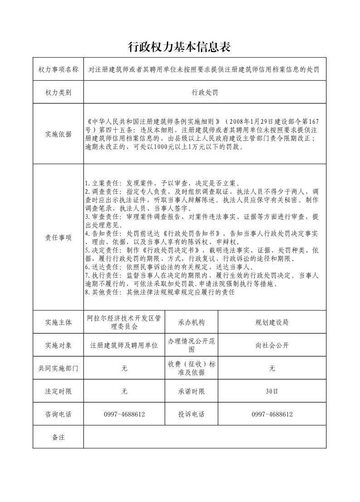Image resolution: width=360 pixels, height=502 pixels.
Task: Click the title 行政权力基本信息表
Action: coord(180,47)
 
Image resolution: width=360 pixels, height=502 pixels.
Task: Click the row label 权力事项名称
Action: coord(58,69)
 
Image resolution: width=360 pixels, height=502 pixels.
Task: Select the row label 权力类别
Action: coord(58,92)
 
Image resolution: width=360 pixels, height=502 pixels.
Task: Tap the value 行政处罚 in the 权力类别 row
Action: coord(205,92)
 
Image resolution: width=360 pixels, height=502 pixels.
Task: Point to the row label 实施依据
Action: coord(58,134)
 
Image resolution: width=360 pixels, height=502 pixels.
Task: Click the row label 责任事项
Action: coord(58,237)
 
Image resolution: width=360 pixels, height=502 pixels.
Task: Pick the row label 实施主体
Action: coord(58,323)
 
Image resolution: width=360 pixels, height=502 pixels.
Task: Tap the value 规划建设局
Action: coord(272,323)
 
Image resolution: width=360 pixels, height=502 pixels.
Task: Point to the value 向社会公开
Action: coord(272,346)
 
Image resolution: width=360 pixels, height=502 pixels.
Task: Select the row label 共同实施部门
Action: coord(58,368)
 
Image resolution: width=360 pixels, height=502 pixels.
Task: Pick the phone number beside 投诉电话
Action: coord(272,414)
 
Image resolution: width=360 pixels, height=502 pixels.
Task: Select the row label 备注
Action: coord(58,437)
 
